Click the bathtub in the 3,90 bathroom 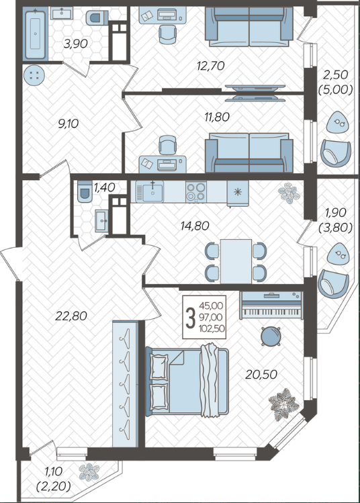(x=36, y=34)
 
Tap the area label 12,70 (x=210, y=66)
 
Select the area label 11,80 (x=217, y=117)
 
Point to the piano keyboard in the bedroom (x=271, y=305)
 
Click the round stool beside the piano (x=271, y=336)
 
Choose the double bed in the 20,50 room (x=187, y=381)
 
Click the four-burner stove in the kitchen (x=195, y=192)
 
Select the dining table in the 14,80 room (x=236, y=261)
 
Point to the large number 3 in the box (x=191, y=317)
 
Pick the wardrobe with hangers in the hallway (x=126, y=383)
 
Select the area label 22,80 (x=71, y=316)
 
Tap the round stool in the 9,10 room (x=34, y=75)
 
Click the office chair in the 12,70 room (x=167, y=34)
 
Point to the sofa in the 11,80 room (x=249, y=152)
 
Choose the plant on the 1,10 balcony (x=89, y=472)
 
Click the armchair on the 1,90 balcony (x=333, y=284)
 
